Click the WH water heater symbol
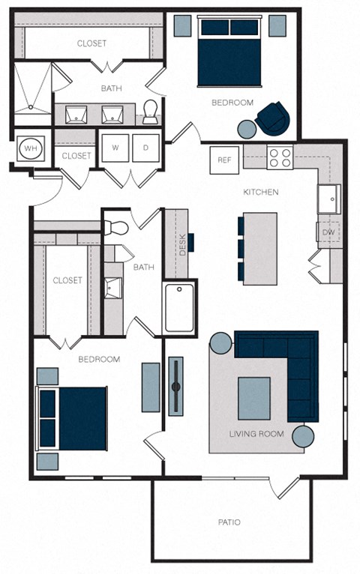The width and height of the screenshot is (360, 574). [x=31, y=148]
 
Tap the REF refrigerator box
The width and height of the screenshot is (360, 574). [x=224, y=160]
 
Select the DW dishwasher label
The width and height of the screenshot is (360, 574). [x=328, y=232]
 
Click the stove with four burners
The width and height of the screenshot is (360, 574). [x=280, y=157]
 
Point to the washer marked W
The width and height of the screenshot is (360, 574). [x=115, y=148]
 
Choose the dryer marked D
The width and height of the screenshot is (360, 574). [x=145, y=148]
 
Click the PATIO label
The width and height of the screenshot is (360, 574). [x=230, y=522]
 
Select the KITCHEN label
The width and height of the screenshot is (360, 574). [x=260, y=193]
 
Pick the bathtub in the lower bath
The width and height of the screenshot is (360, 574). [x=179, y=307]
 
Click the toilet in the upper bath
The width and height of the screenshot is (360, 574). [x=151, y=112]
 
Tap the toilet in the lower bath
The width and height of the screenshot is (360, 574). [x=118, y=227]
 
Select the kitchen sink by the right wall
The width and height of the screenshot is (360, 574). [x=329, y=198]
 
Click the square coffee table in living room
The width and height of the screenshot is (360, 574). [x=254, y=398]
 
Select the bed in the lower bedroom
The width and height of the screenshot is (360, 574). [x=73, y=419]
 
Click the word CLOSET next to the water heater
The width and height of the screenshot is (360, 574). [x=76, y=156]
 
